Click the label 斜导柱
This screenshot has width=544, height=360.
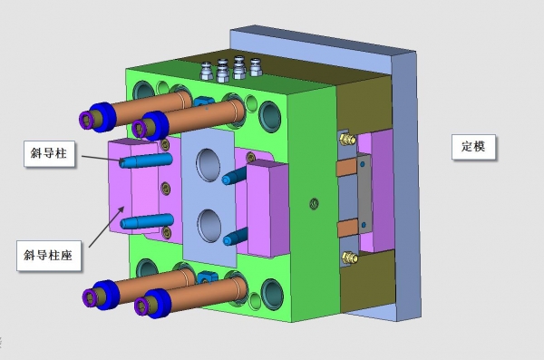coord(49,153)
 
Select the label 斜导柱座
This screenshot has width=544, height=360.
coord(49,256)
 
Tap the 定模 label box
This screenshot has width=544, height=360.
coord(473,147)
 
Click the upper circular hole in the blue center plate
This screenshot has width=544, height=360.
coord(208,164)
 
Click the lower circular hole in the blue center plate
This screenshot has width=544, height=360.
coord(209,226)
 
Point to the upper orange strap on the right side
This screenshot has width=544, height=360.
coord(346,167)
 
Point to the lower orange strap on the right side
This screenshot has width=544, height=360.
coord(347,228)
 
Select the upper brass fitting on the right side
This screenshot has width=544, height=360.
coord(347,139)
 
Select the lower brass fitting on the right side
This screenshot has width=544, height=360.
coord(350,258)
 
